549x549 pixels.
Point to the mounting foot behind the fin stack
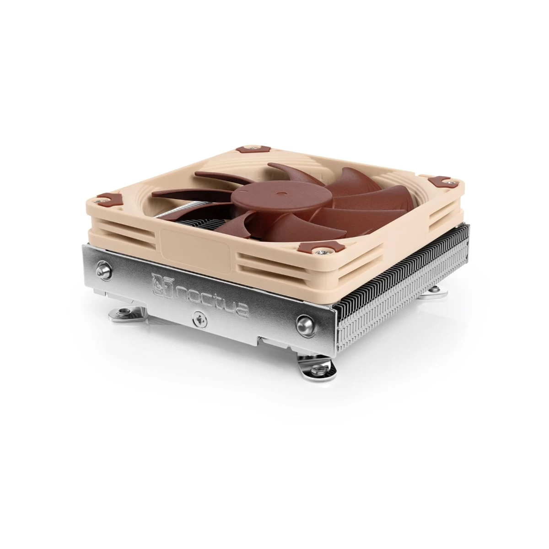[x=432, y=291]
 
